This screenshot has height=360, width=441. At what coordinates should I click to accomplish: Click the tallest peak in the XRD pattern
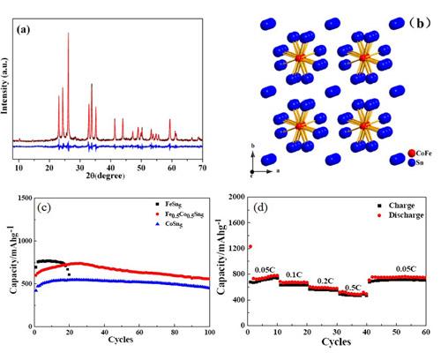tap(68, 35)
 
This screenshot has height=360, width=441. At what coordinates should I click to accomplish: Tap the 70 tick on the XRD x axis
tap(203, 166)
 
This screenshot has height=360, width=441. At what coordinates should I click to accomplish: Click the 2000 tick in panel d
tap(235, 196)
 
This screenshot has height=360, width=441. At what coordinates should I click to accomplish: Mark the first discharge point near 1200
tap(250, 247)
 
